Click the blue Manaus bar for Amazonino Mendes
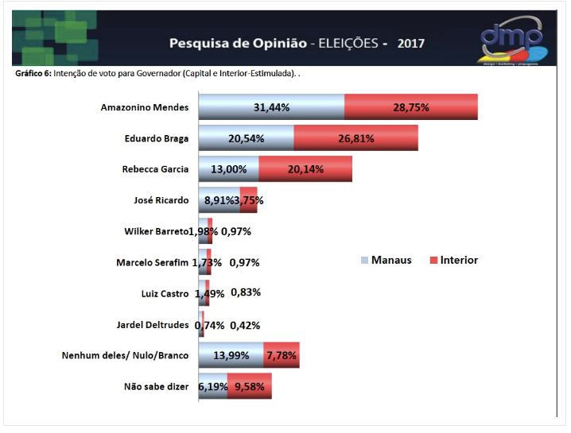pyautogui.click(x=271, y=107)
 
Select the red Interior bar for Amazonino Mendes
pyautogui.click(x=411, y=107)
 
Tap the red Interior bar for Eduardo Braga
pyautogui.click(x=355, y=138)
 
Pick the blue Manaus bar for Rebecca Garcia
pyautogui.click(x=228, y=169)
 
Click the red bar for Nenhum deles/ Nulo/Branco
pyautogui.click(x=283, y=356)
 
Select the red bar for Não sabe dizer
pyautogui.click(x=250, y=387)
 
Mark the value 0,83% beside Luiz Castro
pyautogui.click(x=246, y=292)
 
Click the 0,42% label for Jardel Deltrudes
pyautogui.click(x=245, y=325)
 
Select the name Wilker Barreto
pyautogui.click(x=156, y=231)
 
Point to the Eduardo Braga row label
pyautogui.click(x=157, y=138)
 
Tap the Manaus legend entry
pyautogui.click(x=386, y=260)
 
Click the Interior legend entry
pyautogui.click(x=453, y=260)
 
